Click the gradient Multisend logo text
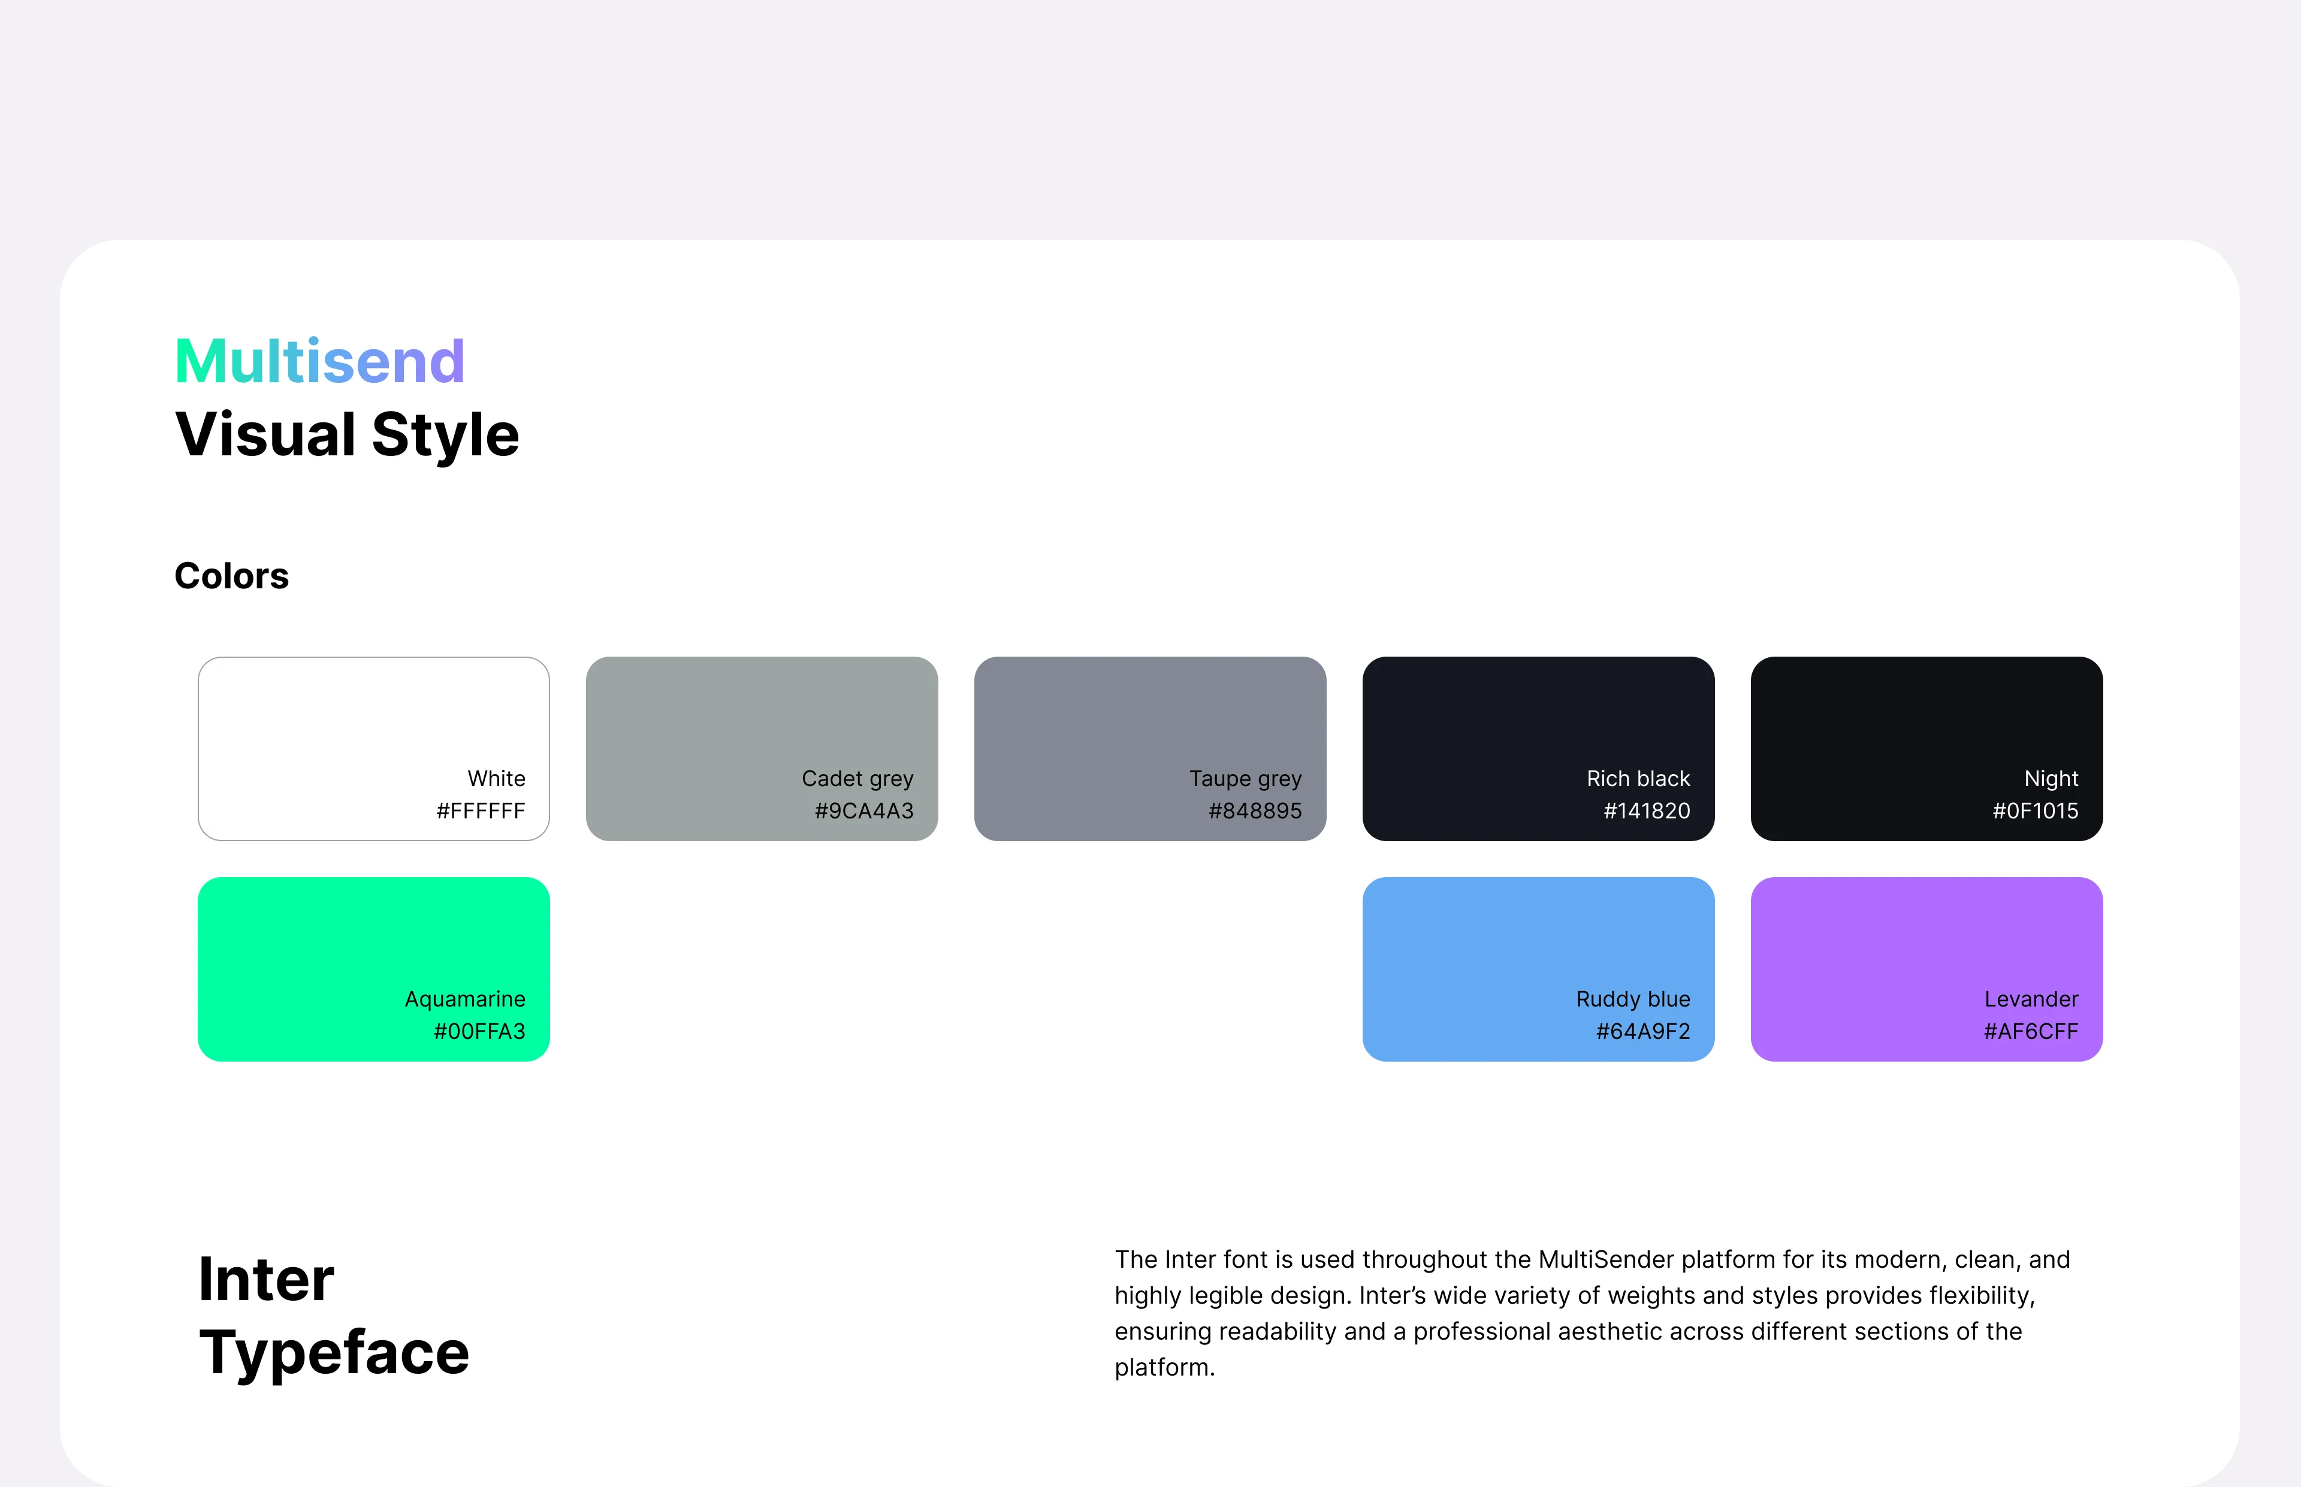pyautogui.click(x=319, y=361)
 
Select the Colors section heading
pyautogui.click(x=232, y=576)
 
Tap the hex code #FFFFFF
pyautogui.click(x=481, y=811)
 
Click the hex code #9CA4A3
pyautogui.click(x=864, y=811)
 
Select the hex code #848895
pyautogui.click(x=1255, y=811)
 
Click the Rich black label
pyautogui.click(x=1639, y=778)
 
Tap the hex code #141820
pyautogui.click(x=1647, y=811)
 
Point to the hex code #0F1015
pyautogui.click(x=2036, y=811)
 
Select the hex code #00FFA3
pyautogui.click(x=480, y=1031)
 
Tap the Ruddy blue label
pyautogui.click(x=1634, y=999)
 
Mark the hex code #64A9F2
pyautogui.click(x=1644, y=1031)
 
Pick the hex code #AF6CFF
pyautogui.click(x=2031, y=1031)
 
